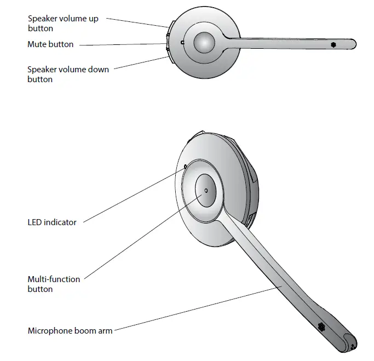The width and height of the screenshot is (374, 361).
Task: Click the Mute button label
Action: coord(50,44)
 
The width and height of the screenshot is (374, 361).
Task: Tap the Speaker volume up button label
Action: coord(63,23)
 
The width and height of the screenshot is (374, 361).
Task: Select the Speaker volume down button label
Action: coord(68,74)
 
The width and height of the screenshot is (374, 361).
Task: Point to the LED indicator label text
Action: coord(52,222)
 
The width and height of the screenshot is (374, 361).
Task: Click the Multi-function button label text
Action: coord(54,284)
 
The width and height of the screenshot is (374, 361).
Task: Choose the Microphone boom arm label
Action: coord(70,331)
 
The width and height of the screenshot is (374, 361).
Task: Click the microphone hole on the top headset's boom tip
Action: coord(332,44)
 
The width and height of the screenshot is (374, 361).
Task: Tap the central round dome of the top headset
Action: coord(203,42)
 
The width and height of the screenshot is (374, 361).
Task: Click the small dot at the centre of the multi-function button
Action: coord(206,191)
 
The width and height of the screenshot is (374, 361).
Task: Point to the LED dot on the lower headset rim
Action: coord(185,165)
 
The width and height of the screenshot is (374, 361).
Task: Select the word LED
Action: coord(35,222)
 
